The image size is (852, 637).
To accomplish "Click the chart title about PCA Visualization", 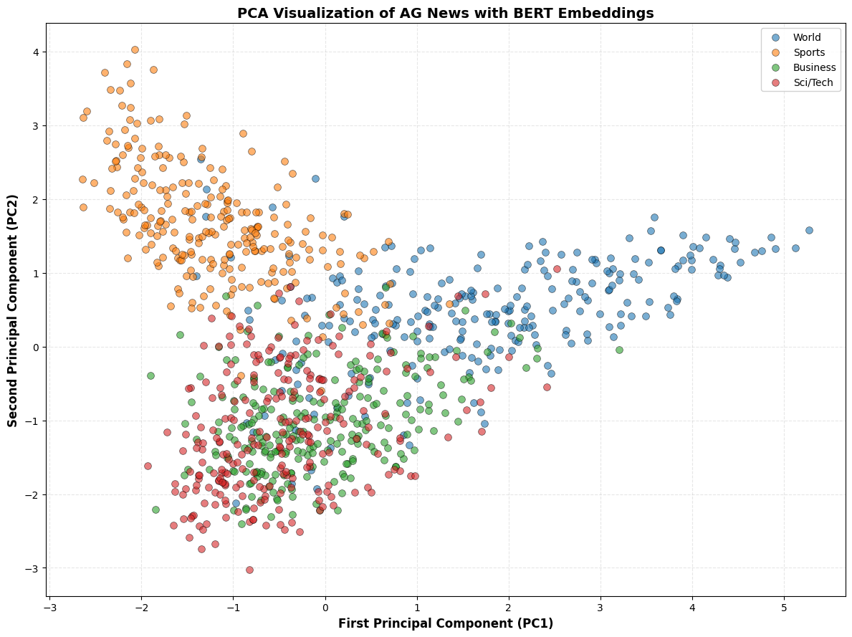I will [445, 13].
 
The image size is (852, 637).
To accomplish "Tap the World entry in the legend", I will [807, 37].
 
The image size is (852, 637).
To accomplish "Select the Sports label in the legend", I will [808, 52].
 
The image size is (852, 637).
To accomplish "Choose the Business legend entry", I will [812, 67].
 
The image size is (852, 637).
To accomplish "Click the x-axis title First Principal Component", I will [445, 623].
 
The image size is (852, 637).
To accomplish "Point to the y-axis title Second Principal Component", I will [13, 309].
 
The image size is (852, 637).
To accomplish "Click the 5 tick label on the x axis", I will [784, 606].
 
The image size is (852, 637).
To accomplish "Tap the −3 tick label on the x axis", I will [47, 606].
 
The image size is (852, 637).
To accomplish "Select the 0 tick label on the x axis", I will [325, 606].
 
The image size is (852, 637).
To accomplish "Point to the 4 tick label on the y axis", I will [34, 52].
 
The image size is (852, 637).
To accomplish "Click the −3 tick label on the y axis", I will [32, 568].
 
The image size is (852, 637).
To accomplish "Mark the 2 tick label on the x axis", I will [509, 606].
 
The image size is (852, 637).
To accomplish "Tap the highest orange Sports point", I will [135, 50].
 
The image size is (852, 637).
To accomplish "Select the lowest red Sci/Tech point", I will [249, 570].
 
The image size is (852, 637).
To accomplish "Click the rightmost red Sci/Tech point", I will [557, 269].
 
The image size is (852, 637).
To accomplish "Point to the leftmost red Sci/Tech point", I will [148, 466].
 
